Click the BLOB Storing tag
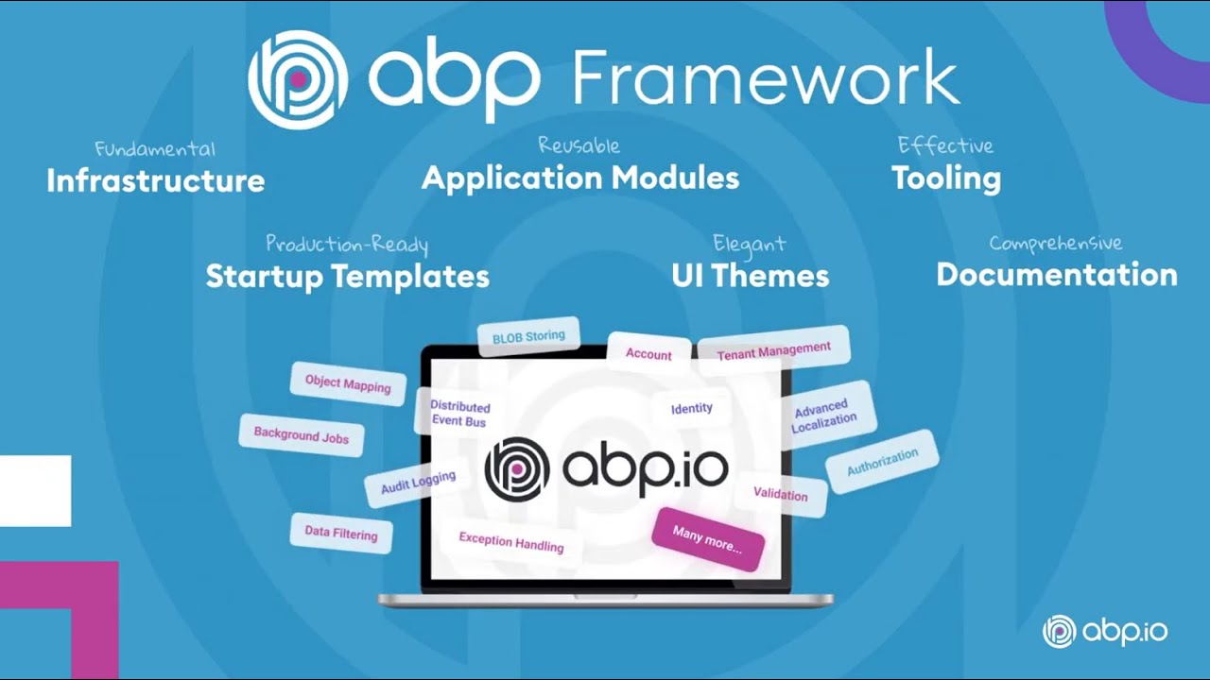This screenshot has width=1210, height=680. pos(528,336)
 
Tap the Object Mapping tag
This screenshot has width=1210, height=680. pos(348,383)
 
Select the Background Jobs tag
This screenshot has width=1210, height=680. pos(302,435)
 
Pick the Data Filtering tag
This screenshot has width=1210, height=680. pos(341,533)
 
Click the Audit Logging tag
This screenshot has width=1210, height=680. pos(418,483)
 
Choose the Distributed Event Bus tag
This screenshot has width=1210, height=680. pos(459,414)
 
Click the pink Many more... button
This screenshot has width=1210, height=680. pos(707,539)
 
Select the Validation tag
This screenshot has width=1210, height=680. pos(780,494)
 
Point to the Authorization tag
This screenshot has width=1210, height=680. pos(882,462)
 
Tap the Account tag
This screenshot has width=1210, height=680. pos(648,354)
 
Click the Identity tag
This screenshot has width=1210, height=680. pos(691,408)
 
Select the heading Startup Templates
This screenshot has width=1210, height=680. pos(347,276)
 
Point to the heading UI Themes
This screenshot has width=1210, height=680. pos(750,275)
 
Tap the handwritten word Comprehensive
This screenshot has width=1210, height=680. pos(1055,244)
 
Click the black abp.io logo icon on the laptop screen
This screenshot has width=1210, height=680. pos(517,468)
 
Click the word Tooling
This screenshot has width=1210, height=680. pos(946,178)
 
